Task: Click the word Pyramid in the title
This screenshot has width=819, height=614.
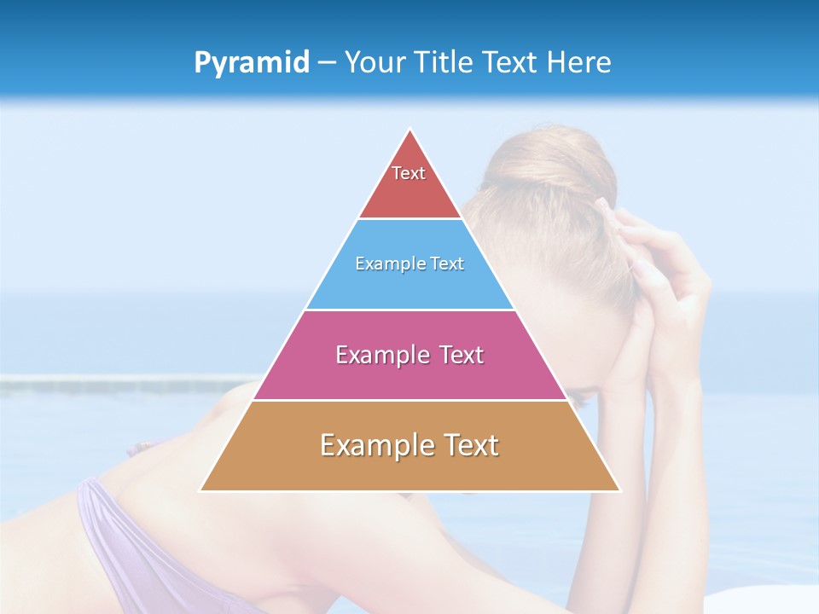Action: coord(252,63)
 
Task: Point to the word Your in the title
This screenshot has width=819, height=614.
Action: coord(373,62)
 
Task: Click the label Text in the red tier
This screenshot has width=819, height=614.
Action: coord(409,173)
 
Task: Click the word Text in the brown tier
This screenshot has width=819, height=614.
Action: coord(468,445)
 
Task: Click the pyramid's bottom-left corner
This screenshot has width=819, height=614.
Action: coord(201,490)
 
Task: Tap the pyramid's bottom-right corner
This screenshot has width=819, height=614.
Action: coord(619,490)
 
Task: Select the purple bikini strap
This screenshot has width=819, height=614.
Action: coord(111,529)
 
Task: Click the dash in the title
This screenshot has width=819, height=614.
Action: coord(328,63)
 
